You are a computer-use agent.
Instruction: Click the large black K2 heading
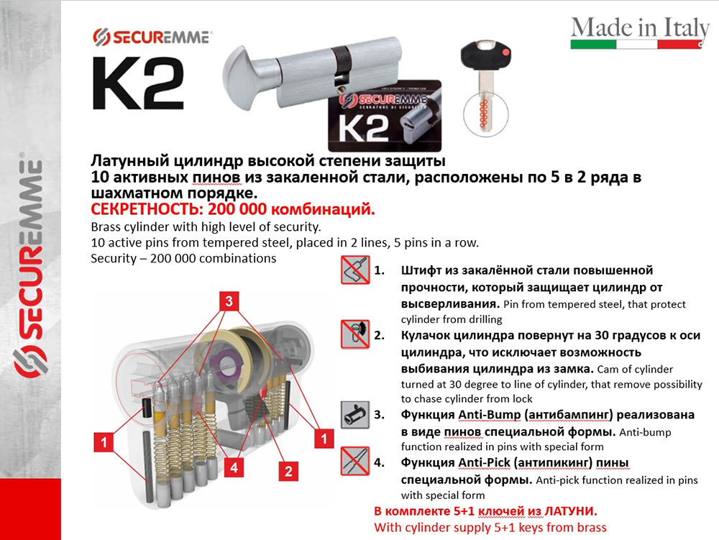coord(138,83)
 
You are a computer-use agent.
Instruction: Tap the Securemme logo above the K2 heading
coord(152,37)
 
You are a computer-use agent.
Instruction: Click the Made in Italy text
coord(640,28)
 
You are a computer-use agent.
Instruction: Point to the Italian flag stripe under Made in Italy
coord(636,45)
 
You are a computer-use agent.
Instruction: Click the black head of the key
coord(486,55)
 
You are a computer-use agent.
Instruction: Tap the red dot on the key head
coord(505,52)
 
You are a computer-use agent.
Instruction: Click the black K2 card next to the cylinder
coord(385,116)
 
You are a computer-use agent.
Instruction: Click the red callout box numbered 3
coord(229,301)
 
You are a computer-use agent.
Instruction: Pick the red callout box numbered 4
coord(234,467)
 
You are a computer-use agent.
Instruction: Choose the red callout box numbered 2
coord(288,471)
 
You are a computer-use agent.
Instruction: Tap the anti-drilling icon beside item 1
coord(355,270)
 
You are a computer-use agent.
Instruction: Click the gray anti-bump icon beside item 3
coord(355,416)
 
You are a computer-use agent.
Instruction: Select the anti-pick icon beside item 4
coord(355,461)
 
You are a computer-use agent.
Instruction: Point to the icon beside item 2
coord(355,334)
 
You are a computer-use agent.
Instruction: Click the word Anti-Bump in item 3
coord(489,415)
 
